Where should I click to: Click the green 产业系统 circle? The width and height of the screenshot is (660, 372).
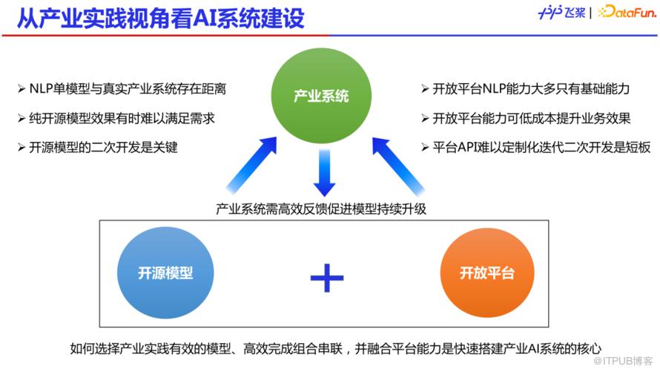click(x=321, y=96)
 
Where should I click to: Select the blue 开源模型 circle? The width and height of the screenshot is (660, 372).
click(x=165, y=273)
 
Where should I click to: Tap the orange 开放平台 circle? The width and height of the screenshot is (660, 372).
click(x=487, y=273)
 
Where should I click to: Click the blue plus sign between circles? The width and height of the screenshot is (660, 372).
click(x=326, y=278)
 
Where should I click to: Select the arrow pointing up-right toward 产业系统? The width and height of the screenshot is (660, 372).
click(x=251, y=164)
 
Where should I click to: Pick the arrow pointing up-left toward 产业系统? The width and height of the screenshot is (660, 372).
click(x=398, y=166)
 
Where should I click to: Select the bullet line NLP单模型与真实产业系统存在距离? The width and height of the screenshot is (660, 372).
click(x=122, y=89)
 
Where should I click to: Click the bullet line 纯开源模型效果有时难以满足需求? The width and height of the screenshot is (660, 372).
click(x=116, y=118)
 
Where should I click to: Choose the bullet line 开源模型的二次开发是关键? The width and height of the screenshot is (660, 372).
click(x=98, y=148)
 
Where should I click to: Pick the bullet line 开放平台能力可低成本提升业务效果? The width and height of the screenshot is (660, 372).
click(x=526, y=118)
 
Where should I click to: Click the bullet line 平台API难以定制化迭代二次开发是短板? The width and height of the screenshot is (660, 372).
click(x=536, y=148)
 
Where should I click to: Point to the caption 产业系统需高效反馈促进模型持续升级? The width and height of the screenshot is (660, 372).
click(x=321, y=209)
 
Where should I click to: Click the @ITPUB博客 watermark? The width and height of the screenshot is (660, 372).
click(x=622, y=361)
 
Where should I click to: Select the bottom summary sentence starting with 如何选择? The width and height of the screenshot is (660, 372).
click(x=335, y=348)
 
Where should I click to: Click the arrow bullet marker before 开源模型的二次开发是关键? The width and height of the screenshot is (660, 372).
click(x=22, y=148)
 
